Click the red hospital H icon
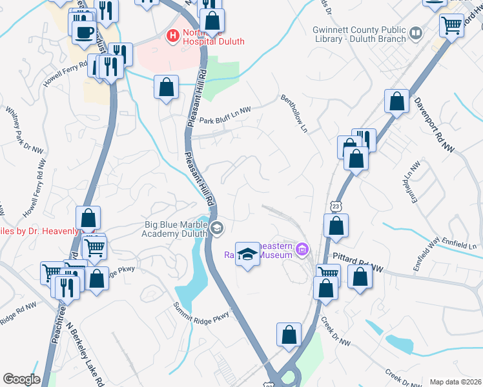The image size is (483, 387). pos(173,34)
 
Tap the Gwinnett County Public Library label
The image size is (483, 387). pos(359,34)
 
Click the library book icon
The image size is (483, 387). pos(416,32)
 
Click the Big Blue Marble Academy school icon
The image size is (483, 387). pos(217,227)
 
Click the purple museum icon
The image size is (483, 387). pos(301,249)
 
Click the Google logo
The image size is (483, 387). pos(21,379)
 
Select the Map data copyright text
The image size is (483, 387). pos(455,382)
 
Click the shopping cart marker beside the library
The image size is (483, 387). pos(452,26)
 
